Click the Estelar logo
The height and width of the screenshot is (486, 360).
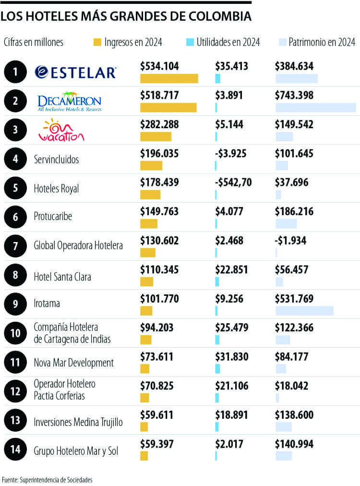tap(75, 72)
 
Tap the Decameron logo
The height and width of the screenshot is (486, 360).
tap(70, 101)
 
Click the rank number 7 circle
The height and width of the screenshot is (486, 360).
tap(15, 245)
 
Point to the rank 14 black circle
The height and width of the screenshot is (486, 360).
tap(15, 450)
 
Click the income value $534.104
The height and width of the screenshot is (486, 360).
tap(159, 66)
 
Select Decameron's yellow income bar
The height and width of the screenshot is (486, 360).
tap(168, 108)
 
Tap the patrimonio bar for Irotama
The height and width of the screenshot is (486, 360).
tap(304, 311)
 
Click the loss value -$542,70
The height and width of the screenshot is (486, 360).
tap(233, 182)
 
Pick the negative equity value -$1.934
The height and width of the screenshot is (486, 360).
tap(290, 241)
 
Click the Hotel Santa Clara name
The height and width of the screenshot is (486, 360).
tap(62, 277)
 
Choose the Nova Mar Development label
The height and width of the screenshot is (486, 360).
tap(73, 363)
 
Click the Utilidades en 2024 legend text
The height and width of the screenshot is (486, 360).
tap(228, 42)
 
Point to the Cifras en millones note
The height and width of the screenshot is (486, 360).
tap(33, 42)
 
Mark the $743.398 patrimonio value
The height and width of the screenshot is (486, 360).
tap(294, 95)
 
